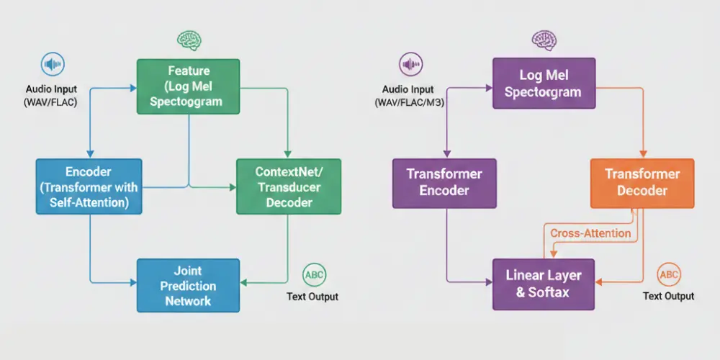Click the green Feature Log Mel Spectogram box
[x=189, y=86]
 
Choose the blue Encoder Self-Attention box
[x=89, y=187]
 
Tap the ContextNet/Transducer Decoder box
[x=288, y=187]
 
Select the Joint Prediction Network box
[x=188, y=286]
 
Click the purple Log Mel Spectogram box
[x=544, y=84]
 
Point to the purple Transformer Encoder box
[x=444, y=181]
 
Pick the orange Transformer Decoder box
[x=642, y=181]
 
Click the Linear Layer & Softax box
[x=544, y=284]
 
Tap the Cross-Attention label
[x=590, y=233]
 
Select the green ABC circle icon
[x=314, y=274]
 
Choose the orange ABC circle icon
[x=669, y=274]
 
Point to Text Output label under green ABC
[x=312, y=297]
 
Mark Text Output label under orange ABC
[x=668, y=296]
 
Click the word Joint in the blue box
[x=188, y=271]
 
